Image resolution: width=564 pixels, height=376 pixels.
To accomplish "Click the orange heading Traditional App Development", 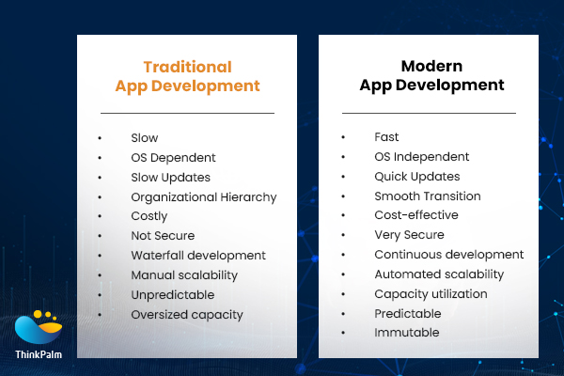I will [187, 76].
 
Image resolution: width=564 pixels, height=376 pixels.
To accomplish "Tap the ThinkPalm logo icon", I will [38, 328].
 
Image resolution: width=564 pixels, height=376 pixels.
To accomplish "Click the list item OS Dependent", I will [173, 158].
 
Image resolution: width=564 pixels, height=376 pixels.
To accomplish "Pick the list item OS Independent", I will [421, 157].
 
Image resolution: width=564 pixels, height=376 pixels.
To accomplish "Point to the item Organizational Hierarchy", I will [203, 197].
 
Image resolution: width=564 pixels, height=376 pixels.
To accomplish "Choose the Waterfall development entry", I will [198, 256].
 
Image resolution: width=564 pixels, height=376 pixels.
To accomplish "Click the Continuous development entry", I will [448, 255].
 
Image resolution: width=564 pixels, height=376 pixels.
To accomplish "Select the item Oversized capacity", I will [186, 314].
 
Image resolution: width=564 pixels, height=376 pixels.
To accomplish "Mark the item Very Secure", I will [409, 235].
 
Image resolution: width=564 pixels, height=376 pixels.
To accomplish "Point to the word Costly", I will [149, 216].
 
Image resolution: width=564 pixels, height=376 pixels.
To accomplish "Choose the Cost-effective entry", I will [415, 216].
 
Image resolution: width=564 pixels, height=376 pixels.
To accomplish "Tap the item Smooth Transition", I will [427, 196].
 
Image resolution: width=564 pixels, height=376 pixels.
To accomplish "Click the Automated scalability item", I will [439, 274].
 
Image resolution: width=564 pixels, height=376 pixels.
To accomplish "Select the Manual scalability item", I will [184, 275].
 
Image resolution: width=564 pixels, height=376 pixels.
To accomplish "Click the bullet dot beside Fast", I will [344, 138].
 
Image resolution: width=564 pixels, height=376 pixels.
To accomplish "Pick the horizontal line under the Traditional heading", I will [187, 113].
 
